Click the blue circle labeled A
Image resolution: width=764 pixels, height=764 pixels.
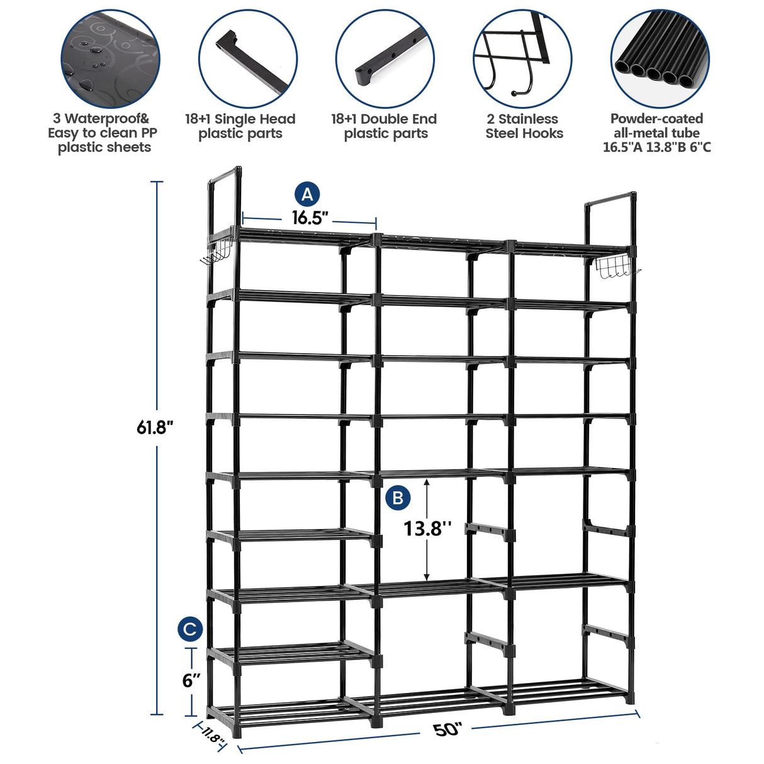tap(307, 194)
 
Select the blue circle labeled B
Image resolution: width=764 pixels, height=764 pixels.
tap(397, 498)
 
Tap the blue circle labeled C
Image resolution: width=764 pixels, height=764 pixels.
tap(190, 629)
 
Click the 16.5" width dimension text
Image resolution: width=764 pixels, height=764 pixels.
tap(310, 218)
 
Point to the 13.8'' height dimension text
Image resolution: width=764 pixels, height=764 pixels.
tap(427, 528)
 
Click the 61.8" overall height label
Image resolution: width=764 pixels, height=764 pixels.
tap(155, 428)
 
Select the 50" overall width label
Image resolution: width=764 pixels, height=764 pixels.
tap(447, 730)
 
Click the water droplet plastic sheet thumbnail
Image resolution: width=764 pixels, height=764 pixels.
tap(110, 59)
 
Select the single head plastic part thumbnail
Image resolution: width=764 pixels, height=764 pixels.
tap(248, 59)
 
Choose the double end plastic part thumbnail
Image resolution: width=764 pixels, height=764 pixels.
tap(385, 59)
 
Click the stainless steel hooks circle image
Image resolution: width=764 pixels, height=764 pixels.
tap(522, 59)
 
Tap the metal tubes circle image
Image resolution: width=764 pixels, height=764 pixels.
tap(660, 59)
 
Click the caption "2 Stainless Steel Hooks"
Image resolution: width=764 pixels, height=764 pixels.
tap(524, 126)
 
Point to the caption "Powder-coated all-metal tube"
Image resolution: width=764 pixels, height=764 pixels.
tap(656, 126)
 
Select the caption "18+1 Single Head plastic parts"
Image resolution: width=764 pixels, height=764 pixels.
tap(240, 126)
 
